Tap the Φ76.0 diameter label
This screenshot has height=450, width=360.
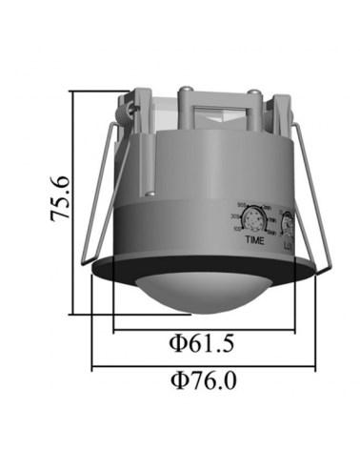tap(204, 380)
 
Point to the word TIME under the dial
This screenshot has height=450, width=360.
tap(254, 241)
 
